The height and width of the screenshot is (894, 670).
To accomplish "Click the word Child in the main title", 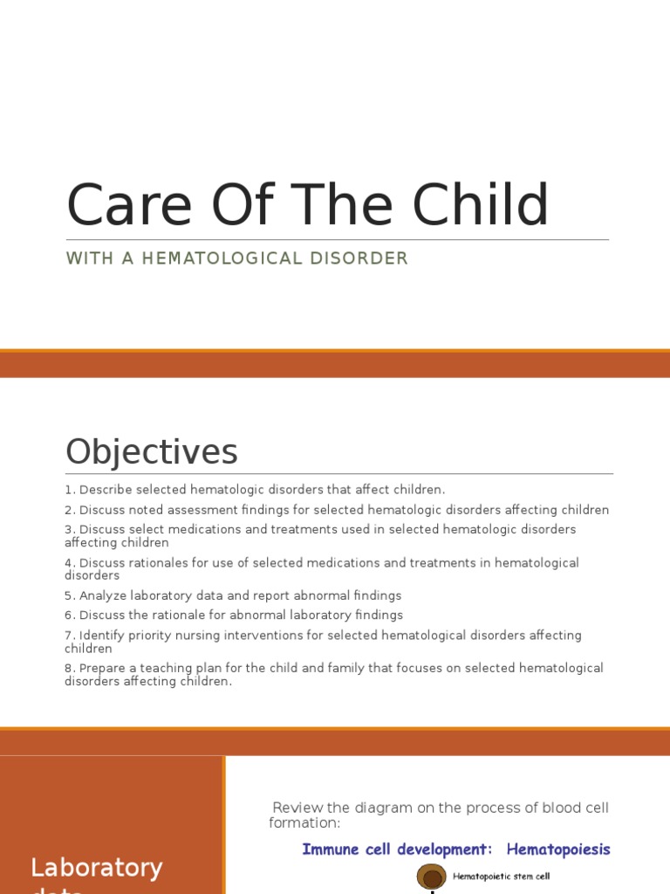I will click(x=481, y=206).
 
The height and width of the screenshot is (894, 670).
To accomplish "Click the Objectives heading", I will click(x=151, y=452).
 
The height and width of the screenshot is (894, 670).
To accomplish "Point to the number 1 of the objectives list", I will click(x=68, y=490).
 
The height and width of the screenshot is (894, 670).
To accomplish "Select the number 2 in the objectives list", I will click(x=68, y=510).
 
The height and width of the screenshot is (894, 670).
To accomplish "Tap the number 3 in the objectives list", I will click(x=68, y=530).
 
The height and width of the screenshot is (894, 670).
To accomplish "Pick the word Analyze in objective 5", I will click(x=102, y=595).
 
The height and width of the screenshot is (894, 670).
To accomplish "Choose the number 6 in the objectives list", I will click(x=68, y=615).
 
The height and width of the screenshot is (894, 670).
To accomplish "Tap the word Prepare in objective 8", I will click(x=103, y=668).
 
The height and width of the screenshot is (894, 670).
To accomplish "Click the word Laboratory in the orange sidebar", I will click(x=96, y=868).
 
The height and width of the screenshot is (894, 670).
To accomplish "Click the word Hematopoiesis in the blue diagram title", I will click(x=558, y=849).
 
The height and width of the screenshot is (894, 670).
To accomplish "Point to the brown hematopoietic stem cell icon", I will click(x=431, y=877).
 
